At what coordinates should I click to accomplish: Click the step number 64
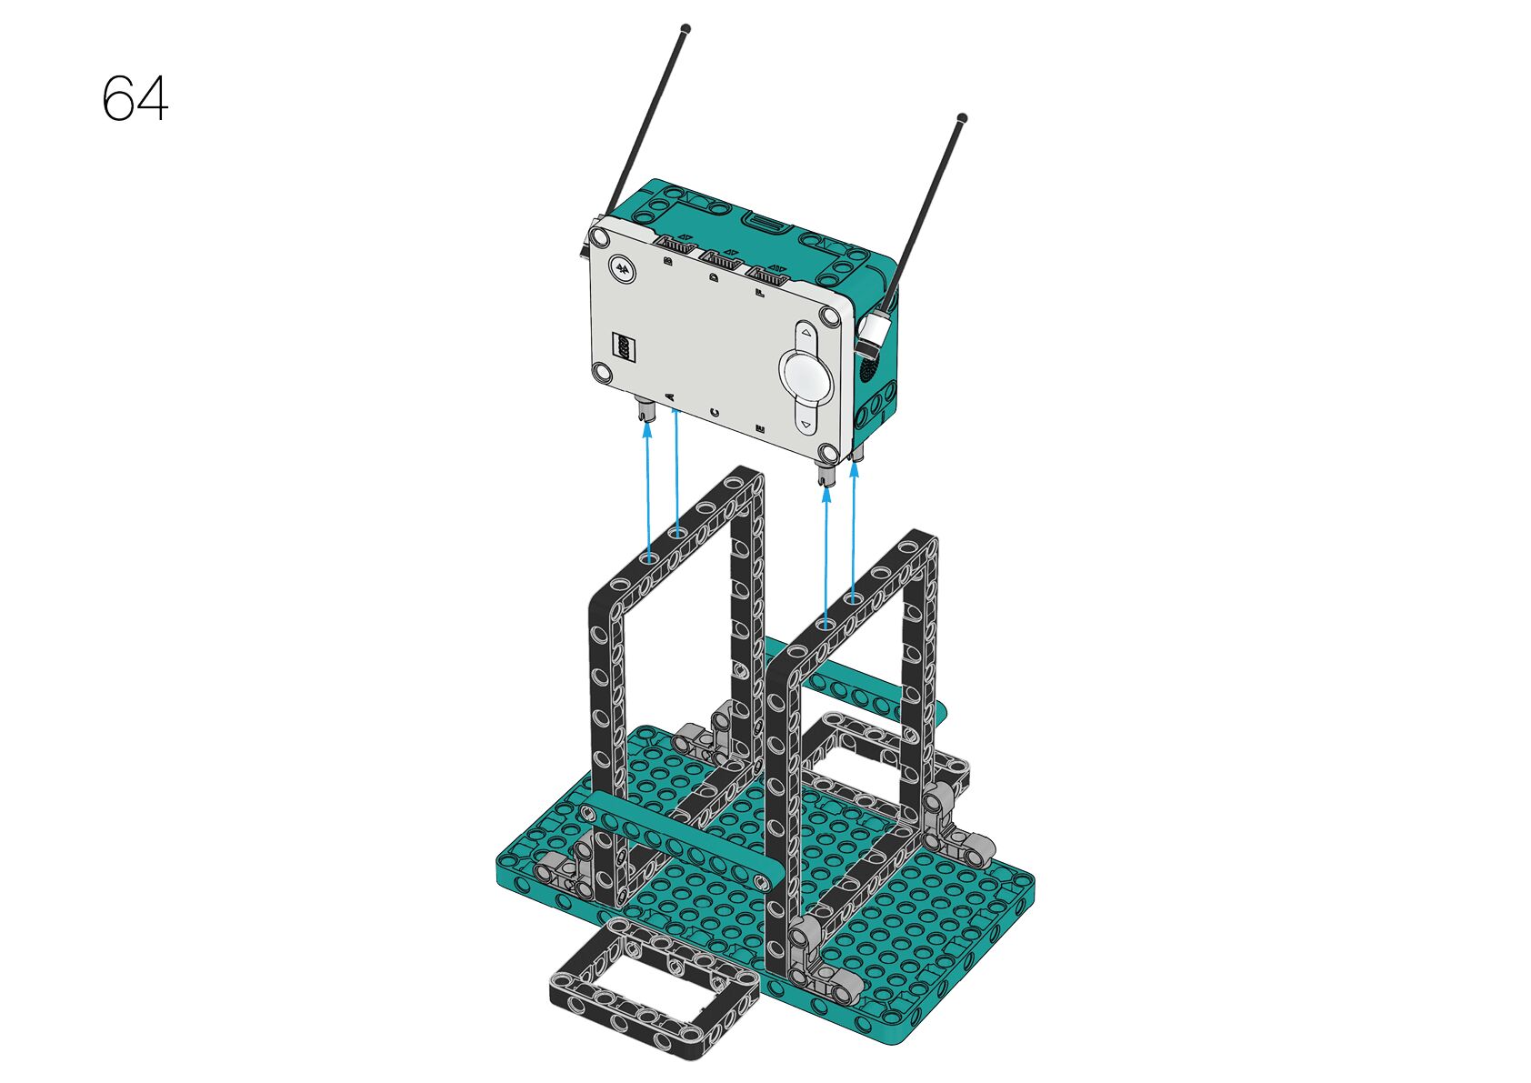135,98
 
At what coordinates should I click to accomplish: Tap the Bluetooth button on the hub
623,268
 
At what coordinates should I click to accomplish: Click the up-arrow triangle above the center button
806,333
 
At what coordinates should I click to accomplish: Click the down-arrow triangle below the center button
806,425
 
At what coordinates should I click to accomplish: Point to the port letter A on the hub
670,397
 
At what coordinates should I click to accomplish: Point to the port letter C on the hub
715,412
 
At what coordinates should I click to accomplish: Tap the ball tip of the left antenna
686,29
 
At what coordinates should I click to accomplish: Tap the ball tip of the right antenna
963,117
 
